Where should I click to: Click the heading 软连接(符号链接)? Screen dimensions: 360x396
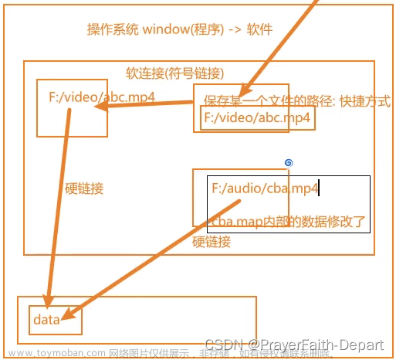click(x=174, y=74)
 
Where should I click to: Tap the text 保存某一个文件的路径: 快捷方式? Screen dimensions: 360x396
click(x=296, y=101)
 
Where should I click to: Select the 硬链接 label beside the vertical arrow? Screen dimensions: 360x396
click(x=84, y=188)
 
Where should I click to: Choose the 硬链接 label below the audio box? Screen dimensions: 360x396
click(x=211, y=242)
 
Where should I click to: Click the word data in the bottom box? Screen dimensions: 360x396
click(x=46, y=319)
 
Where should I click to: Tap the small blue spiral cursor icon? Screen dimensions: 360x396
click(x=288, y=162)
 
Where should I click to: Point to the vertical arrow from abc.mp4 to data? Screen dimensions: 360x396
click(x=58, y=209)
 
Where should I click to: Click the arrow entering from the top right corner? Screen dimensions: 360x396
click(x=286, y=39)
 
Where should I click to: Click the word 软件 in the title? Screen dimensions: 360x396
click(x=260, y=30)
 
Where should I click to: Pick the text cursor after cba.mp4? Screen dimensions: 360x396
click(x=319, y=188)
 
